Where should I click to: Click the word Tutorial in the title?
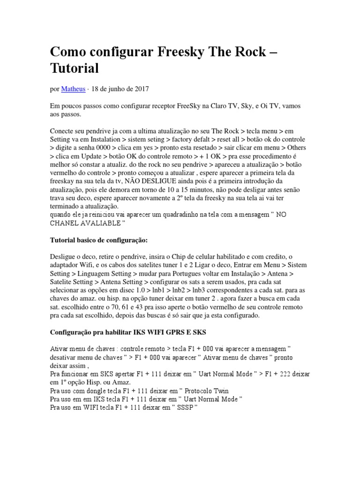point(75,68)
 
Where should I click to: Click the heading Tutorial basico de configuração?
point(99,240)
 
